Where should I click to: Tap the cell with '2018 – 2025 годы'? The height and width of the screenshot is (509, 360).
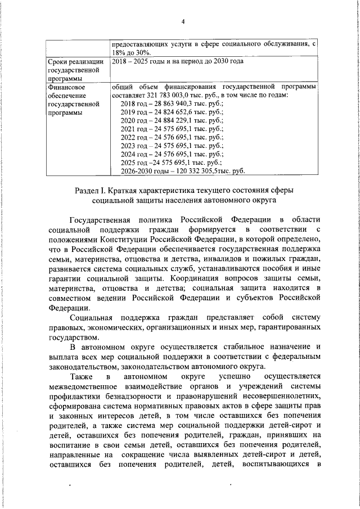(x=141, y=61)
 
